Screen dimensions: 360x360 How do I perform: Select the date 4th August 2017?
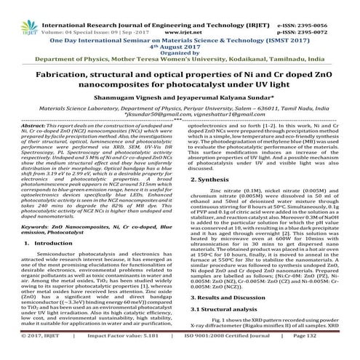pyautogui.click(x=180, y=34)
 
